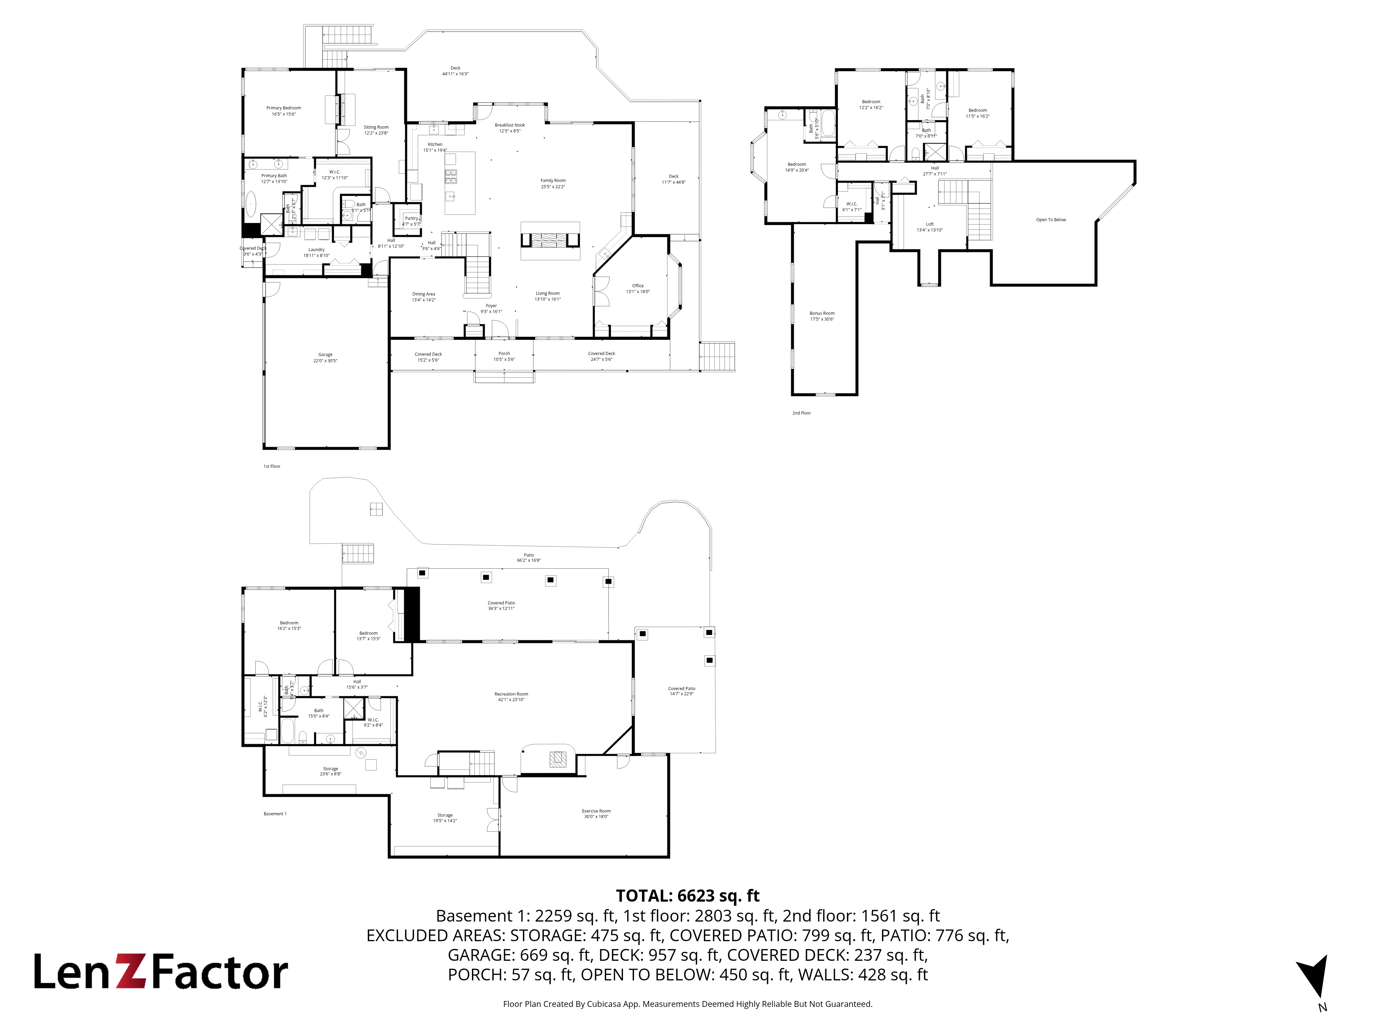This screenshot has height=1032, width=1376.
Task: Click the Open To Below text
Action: click(x=1051, y=219)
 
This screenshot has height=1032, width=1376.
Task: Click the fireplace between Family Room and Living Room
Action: click(x=550, y=241)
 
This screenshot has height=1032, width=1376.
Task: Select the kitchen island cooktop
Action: click(x=450, y=177)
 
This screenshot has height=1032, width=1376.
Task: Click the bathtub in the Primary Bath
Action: click(x=251, y=203)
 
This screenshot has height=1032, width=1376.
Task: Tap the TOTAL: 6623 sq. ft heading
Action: click(x=687, y=896)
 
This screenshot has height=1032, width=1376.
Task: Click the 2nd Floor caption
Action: click(x=801, y=413)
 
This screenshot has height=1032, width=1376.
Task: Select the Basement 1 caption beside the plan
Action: click(x=275, y=814)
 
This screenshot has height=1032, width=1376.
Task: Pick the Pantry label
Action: click(x=411, y=219)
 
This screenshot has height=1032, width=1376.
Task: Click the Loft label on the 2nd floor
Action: click(x=929, y=225)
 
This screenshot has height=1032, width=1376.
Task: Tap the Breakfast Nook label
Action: click(x=509, y=126)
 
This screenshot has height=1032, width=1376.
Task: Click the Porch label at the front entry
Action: click(x=504, y=354)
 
